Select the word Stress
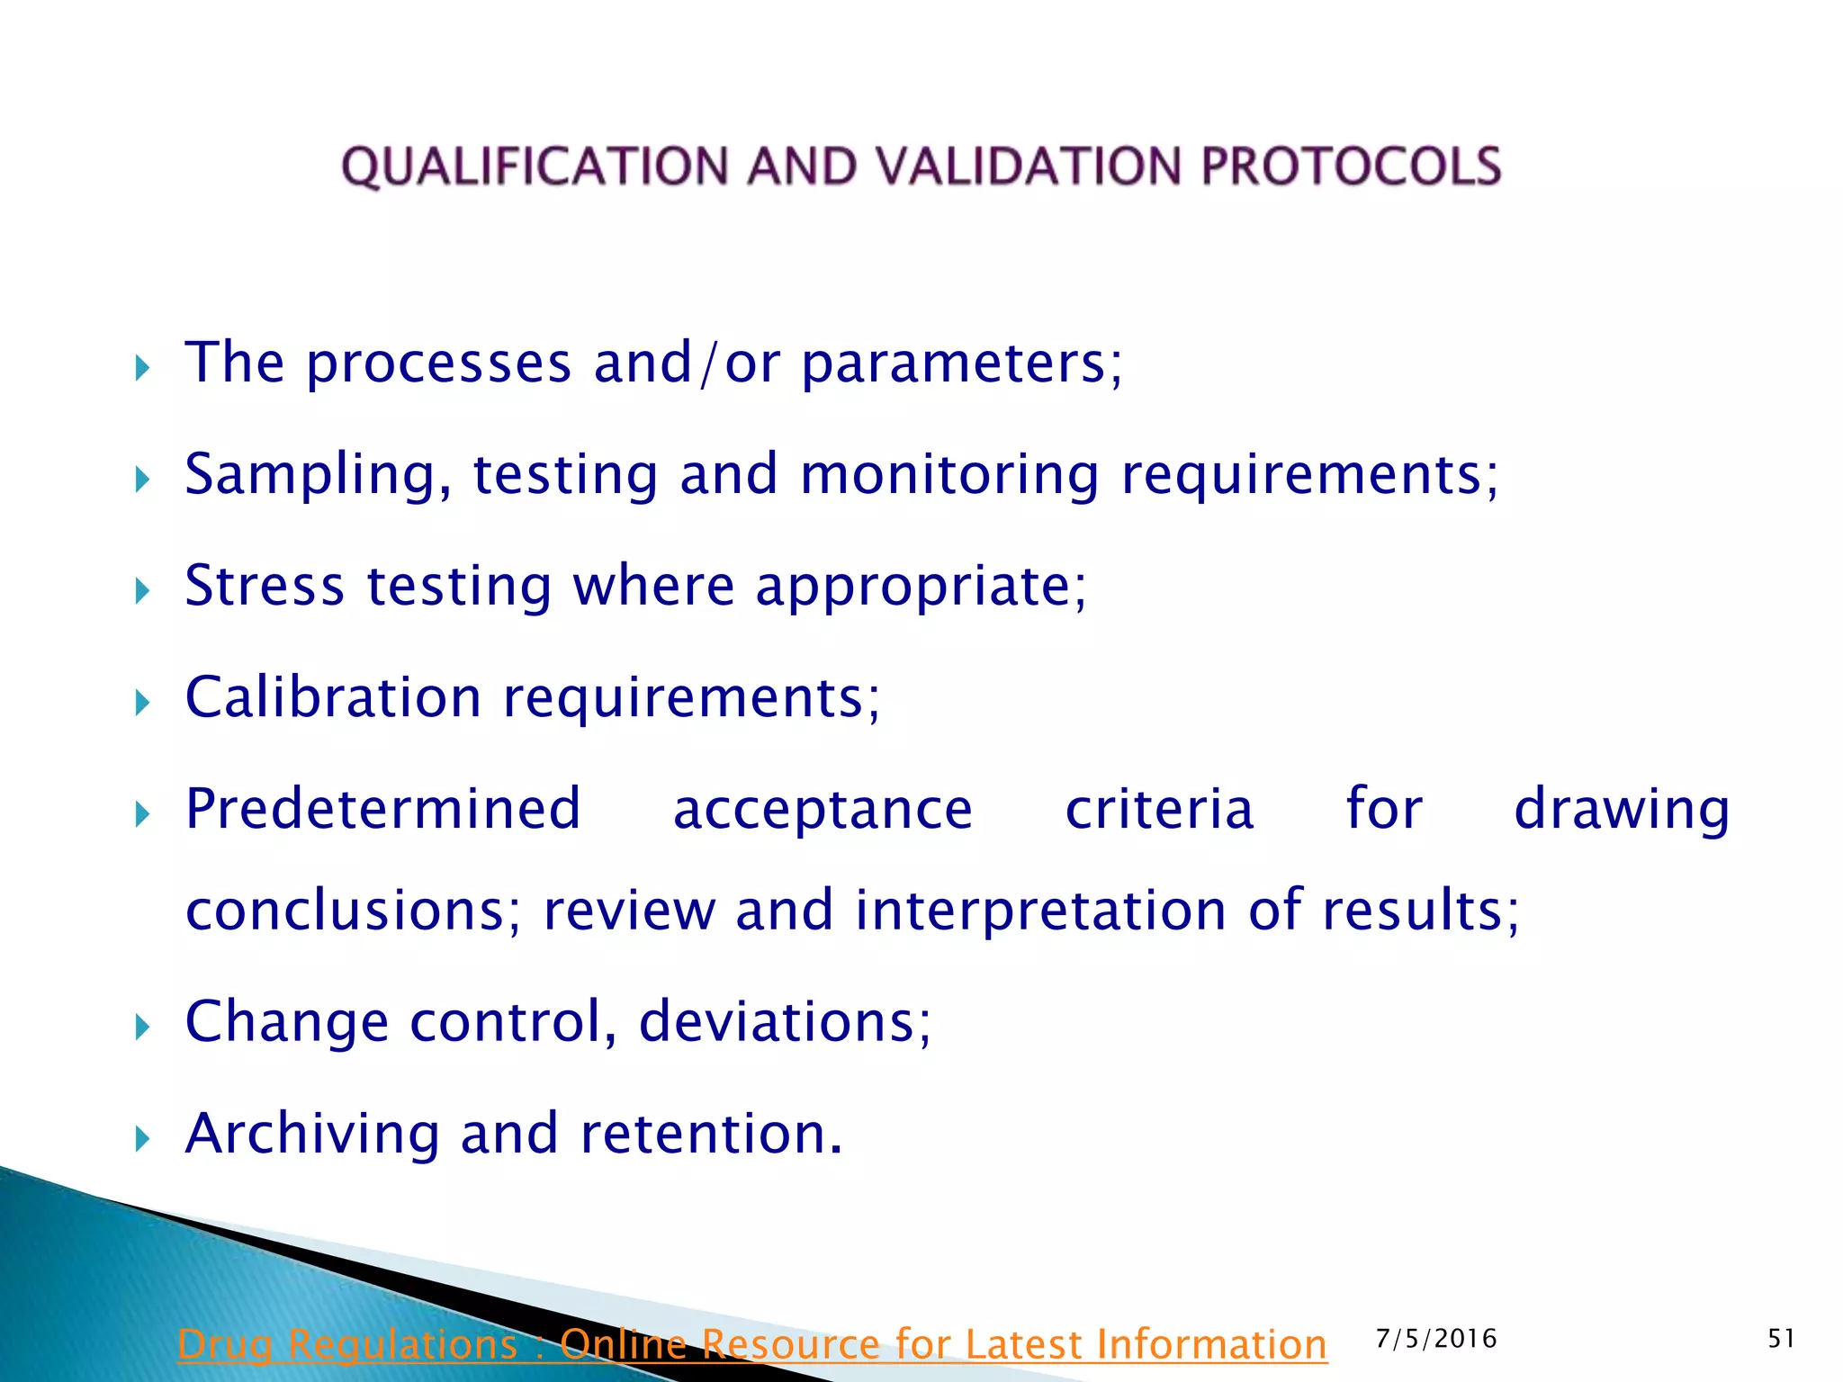265,586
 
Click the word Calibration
333,697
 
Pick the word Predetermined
382,809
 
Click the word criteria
1159,809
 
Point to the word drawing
1622,811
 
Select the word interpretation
1040,911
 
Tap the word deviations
784,1022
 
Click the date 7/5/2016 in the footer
1436,1339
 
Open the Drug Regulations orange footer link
752,1345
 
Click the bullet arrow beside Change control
142,1027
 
